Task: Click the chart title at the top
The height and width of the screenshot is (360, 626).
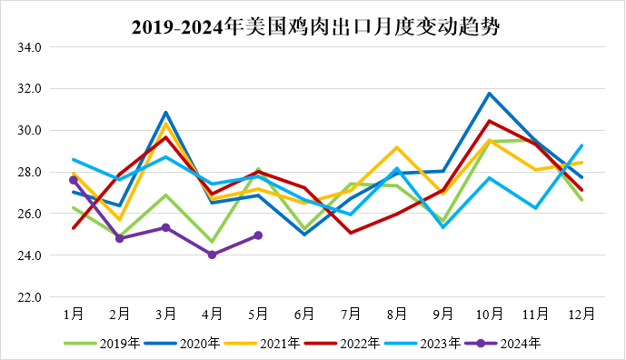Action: click(x=315, y=27)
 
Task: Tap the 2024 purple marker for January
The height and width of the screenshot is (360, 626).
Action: click(x=74, y=180)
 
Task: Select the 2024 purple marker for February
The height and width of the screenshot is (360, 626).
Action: click(x=119, y=238)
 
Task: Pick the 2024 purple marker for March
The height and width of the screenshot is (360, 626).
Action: click(x=165, y=228)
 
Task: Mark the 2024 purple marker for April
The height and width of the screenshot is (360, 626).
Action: click(x=212, y=255)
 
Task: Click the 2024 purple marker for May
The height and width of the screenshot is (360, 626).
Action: click(x=258, y=235)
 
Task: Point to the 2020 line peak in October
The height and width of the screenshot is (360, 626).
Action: click(x=490, y=94)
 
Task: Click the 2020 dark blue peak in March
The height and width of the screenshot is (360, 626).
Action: click(x=165, y=113)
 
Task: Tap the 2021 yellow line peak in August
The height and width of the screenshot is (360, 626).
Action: click(x=397, y=147)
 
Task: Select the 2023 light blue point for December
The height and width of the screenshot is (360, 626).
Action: click(x=581, y=145)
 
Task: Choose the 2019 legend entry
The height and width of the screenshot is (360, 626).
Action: click(x=102, y=344)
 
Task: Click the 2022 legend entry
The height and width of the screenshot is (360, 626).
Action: click(x=343, y=344)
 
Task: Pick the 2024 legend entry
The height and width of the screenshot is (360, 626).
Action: click(x=502, y=344)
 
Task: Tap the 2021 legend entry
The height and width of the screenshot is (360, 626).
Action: click(x=262, y=344)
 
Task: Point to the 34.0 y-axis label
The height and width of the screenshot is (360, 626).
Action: click(x=29, y=47)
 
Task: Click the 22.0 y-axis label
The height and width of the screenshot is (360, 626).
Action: click(x=29, y=297)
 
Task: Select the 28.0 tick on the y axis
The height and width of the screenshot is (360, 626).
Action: click(x=29, y=172)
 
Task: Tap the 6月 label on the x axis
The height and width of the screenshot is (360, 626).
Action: click(x=304, y=314)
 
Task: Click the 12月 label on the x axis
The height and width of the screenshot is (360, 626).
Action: click(x=581, y=314)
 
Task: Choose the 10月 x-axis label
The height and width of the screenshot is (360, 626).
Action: click(x=490, y=314)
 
